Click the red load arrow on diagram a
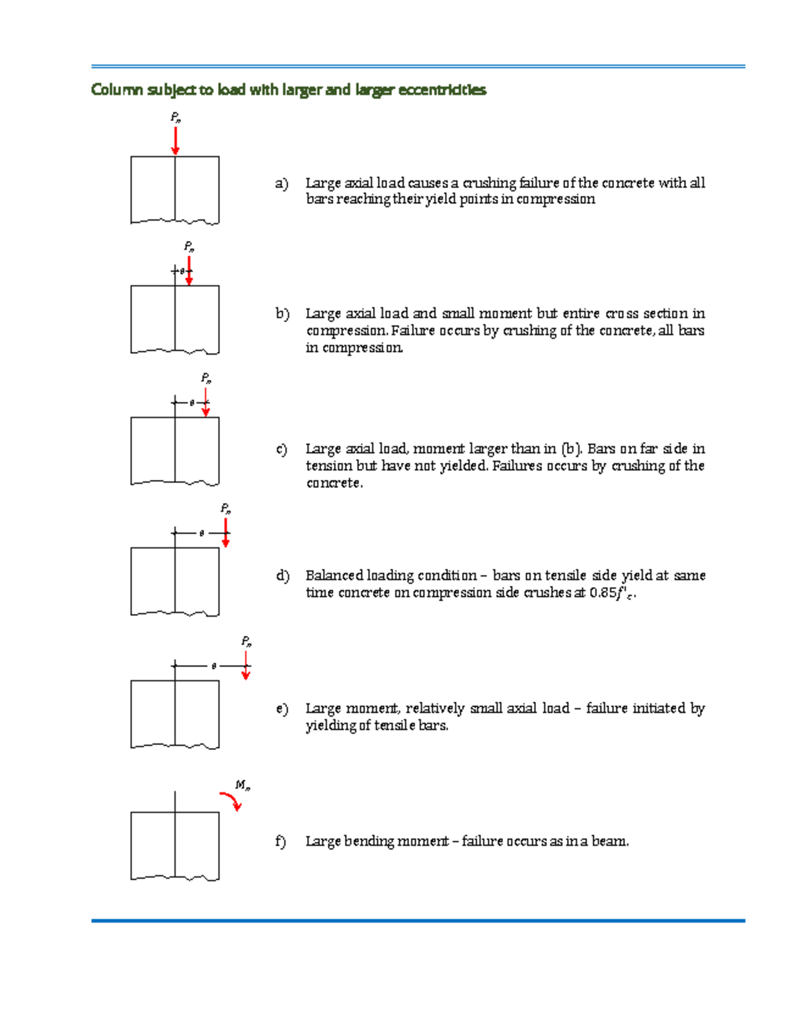(175, 141)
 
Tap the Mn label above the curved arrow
(243, 785)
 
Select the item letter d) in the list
(283, 576)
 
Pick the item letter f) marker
(282, 841)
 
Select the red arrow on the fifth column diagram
(246, 666)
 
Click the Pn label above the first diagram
(176, 118)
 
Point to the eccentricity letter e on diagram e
(213, 666)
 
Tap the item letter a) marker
(282, 183)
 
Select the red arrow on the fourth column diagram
(225, 533)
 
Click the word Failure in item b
(414, 331)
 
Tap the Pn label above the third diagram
(206, 378)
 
